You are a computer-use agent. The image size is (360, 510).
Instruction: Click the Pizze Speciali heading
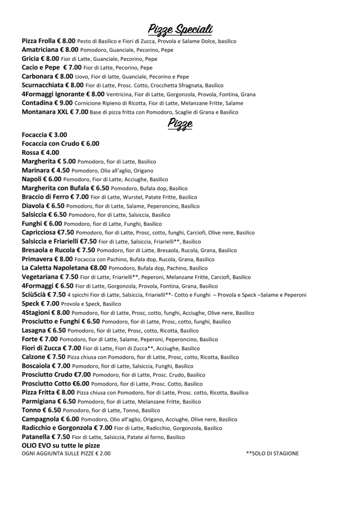click(x=179, y=29)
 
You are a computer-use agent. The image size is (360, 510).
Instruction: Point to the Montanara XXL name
click(x=47, y=111)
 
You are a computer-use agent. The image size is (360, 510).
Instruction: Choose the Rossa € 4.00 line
click(x=40, y=152)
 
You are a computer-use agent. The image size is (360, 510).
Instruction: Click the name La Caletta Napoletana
click(x=56, y=267)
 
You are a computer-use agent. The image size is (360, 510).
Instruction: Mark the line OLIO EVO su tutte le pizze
click(x=60, y=445)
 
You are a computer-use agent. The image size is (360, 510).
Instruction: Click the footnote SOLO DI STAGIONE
click(x=272, y=453)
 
